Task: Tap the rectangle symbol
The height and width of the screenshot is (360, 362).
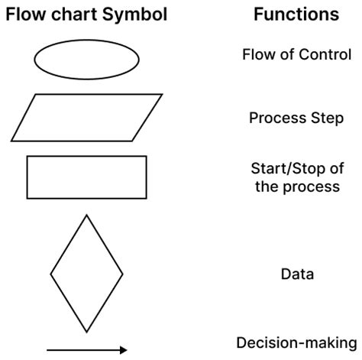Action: click(x=86, y=177)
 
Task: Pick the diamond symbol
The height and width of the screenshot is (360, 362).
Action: click(x=86, y=273)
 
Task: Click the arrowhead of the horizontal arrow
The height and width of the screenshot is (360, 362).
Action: click(x=123, y=350)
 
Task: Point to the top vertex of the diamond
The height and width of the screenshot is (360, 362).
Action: click(x=86, y=216)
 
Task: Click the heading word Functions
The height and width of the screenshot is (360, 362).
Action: click(x=296, y=15)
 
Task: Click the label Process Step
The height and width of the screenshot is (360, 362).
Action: click(x=296, y=118)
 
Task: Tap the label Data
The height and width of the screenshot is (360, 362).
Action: click(x=297, y=274)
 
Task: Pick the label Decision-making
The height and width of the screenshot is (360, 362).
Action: click(x=296, y=342)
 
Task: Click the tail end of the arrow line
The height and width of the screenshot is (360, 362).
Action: click(x=49, y=350)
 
